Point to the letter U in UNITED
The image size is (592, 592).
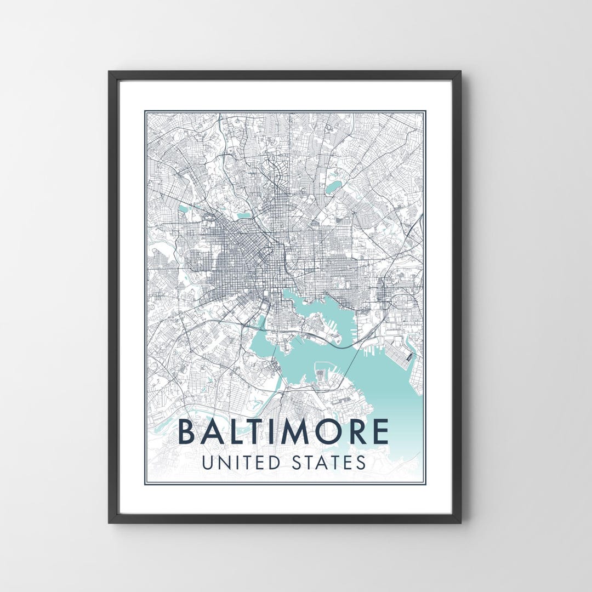(x=208, y=462)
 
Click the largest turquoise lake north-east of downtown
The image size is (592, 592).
(x=333, y=188)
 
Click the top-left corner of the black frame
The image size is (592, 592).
(x=110, y=72)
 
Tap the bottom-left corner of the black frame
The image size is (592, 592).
(x=110, y=522)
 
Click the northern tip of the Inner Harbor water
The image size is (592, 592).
(x=285, y=292)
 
